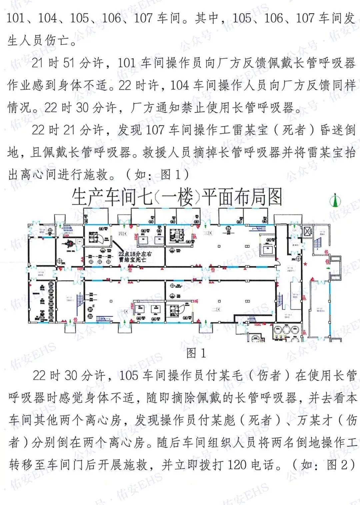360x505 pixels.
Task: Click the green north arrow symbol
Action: pyautogui.click(x=335, y=201)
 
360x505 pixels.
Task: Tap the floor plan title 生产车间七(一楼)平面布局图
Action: pyautogui.click(x=177, y=197)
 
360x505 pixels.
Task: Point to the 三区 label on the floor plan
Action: pyautogui.click(x=208, y=233)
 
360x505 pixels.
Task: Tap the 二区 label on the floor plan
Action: pyautogui.click(x=216, y=309)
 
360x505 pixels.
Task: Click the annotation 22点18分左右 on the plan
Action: pyautogui.click(x=135, y=254)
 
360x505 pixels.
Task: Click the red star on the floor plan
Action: pyautogui.click(x=305, y=264)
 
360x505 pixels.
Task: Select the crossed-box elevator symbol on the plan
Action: pyautogui.click(x=307, y=231)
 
